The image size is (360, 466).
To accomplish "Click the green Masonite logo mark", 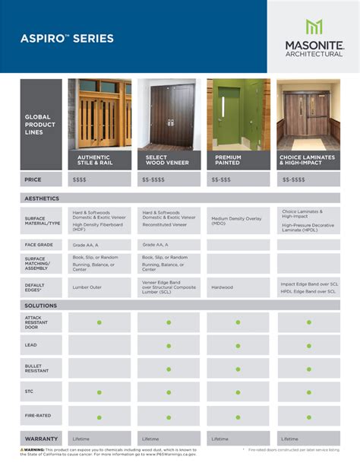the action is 314,27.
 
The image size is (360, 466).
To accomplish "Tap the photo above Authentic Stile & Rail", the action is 99,113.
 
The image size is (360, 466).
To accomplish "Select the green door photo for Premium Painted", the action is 238,113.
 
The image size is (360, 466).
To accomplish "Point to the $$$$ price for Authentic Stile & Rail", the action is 80,179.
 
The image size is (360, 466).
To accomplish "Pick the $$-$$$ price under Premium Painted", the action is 222,179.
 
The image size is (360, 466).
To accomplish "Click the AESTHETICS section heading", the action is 43,198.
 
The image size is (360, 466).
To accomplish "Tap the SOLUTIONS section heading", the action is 41,305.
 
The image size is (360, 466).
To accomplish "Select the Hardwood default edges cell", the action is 223,287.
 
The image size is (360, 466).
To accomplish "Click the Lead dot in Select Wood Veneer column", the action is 169,344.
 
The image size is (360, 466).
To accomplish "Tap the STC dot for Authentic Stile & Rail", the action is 99,392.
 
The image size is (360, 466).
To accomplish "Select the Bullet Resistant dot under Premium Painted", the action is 238,368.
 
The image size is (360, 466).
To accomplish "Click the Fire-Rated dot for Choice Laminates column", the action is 308,416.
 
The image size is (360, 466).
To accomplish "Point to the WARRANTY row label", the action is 42,439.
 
